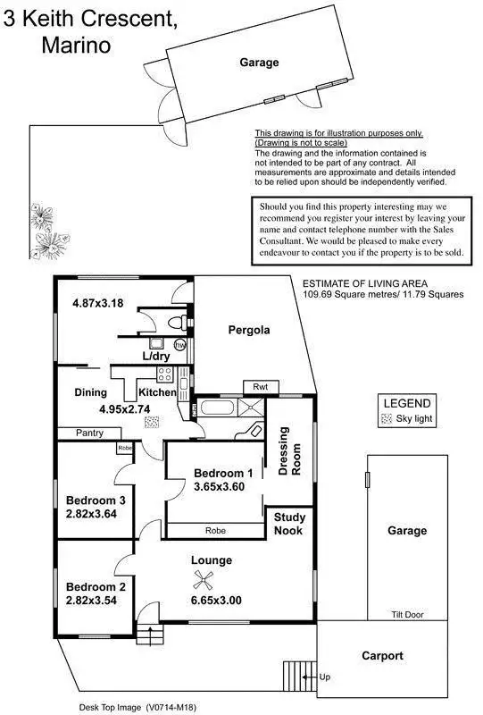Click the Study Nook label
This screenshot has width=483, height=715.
pos(289,524)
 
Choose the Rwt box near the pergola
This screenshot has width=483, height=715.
pos(262,387)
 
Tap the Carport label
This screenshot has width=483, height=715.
pos(382,655)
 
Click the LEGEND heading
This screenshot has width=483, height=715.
pos(406,403)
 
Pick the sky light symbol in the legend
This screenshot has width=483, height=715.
pos(387,417)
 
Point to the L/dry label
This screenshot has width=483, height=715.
pos(157,356)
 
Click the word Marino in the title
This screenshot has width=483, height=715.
pos(76,46)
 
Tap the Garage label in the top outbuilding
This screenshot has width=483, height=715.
pos(259,63)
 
